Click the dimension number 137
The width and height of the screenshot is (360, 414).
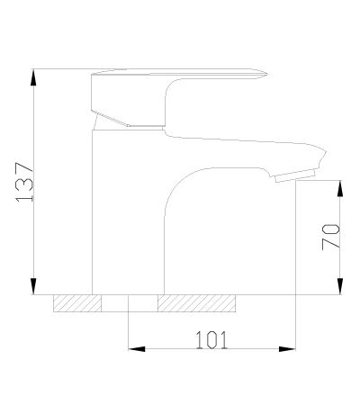24,182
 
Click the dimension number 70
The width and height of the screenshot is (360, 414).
330,237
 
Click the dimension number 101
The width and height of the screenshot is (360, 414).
211,340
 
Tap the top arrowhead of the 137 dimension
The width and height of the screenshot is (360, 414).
34,77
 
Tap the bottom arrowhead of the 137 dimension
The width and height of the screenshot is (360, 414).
33,286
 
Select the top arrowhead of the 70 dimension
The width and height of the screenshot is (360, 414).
340,188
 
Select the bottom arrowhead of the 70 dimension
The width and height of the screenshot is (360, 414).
340,286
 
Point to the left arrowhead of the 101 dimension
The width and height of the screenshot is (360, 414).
137,349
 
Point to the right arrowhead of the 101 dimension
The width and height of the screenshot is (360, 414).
287,349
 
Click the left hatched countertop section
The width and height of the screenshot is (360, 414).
77,303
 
